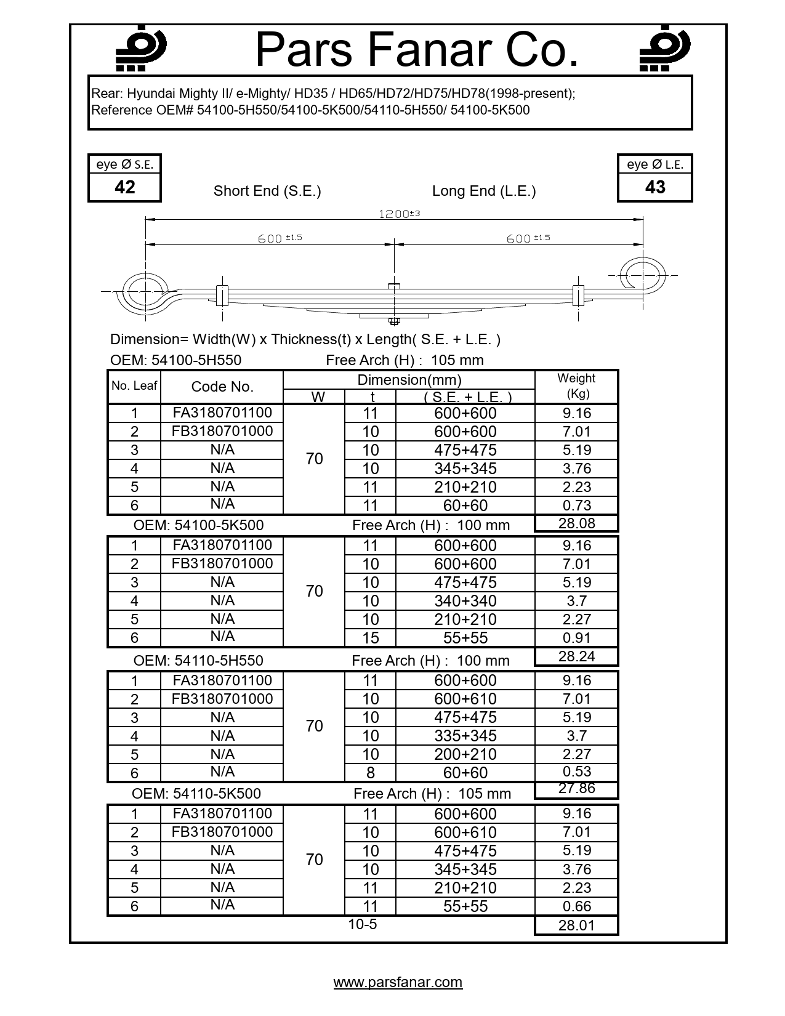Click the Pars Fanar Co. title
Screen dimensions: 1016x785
pos(417,50)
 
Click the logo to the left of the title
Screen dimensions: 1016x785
pos(141,49)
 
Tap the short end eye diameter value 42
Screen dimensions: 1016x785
pos(124,187)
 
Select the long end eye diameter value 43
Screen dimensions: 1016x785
pos(655,187)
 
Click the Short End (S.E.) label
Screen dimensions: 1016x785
pos(267,191)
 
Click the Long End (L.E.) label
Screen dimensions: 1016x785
pos(484,191)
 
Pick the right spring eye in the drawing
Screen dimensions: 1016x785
pos(642,275)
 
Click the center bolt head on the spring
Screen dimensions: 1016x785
pos(394,286)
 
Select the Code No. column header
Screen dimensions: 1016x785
pos(222,387)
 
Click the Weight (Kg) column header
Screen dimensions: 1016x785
pos(576,386)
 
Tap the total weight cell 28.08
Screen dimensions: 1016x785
pos(576,523)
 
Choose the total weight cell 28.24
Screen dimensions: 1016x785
pos(576,656)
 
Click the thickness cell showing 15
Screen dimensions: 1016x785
pos(370,638)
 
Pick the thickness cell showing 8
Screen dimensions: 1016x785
pos(370,773)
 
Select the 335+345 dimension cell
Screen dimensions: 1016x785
pos(465,736)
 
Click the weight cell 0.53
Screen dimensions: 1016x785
pos(576,772)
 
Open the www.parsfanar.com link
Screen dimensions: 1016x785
pos(398,982)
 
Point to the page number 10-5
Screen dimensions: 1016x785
pos(362,924)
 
